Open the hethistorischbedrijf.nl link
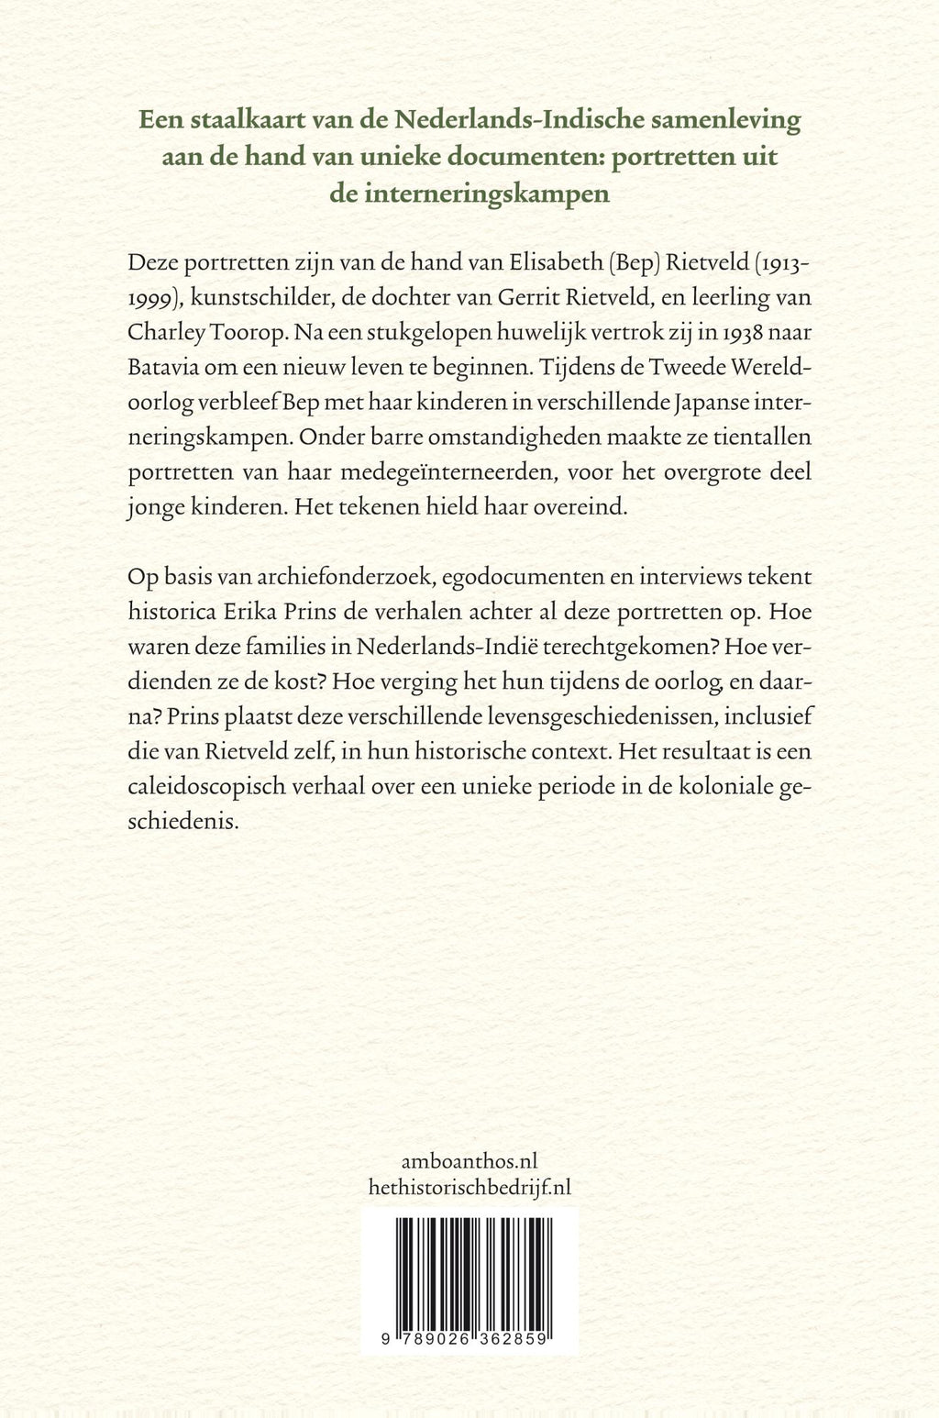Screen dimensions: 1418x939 point(469,1187)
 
